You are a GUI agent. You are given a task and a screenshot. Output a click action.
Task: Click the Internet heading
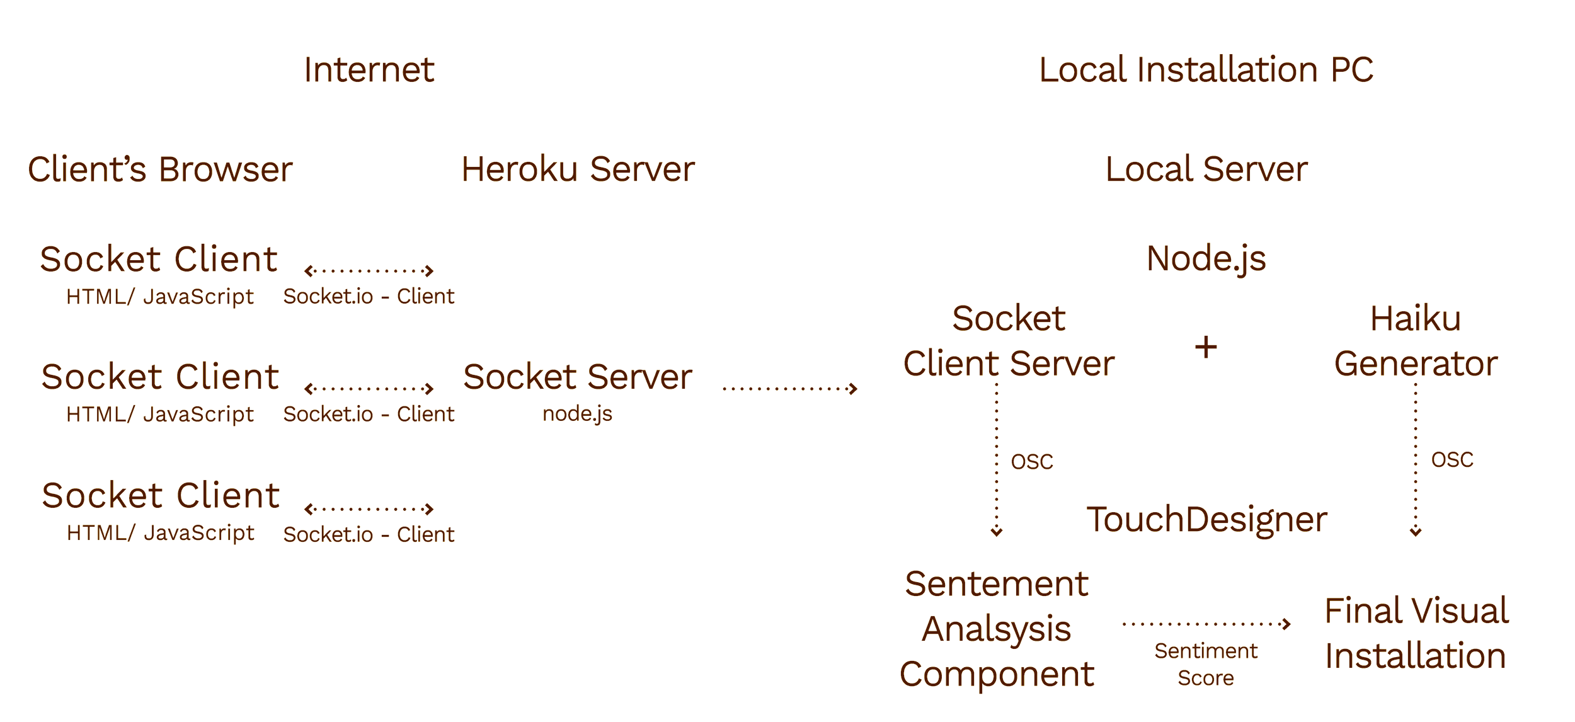point(369,70)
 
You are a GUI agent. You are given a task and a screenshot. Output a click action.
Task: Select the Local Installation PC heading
point(1206,70)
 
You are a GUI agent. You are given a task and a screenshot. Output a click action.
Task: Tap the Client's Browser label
point(160,169)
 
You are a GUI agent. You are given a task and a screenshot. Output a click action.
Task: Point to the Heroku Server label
point(578,169)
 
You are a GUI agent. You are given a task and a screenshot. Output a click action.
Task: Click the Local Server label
point(1206,169)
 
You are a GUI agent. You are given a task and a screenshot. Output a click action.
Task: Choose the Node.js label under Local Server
point(1206,259)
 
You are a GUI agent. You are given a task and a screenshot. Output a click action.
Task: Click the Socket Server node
point(578,377)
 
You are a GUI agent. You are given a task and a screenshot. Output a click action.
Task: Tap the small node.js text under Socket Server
point(578,413)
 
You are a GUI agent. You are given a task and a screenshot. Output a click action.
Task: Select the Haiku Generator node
point(1415,341)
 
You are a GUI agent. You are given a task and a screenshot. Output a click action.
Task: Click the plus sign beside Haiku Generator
point(1206,347)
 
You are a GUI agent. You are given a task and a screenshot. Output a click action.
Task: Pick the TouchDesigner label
point(1206,520)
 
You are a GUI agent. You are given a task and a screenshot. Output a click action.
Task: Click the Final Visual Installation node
point(1416,633)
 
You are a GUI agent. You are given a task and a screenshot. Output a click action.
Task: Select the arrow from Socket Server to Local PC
point(790,389)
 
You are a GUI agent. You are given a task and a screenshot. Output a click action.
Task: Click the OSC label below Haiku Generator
point(1452,459)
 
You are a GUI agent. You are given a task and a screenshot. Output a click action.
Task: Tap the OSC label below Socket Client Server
point(1032,461)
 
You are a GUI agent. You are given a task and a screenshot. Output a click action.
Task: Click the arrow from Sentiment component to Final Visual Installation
point(1206,624)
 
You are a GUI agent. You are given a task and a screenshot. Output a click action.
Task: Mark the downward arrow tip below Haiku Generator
point(1415,530)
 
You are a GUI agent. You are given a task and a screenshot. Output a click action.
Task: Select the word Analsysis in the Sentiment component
point(996,629)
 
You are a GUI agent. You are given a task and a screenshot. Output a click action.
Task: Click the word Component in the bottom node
point(996,674)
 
